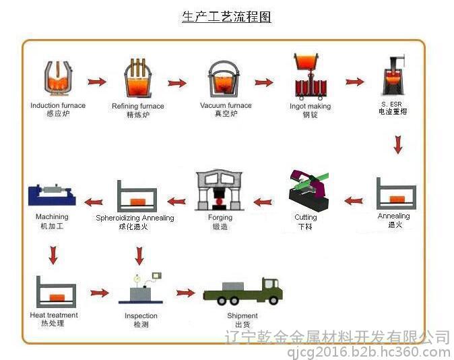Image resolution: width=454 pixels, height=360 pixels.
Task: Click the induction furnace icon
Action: pyautogui.click(x=58, y=80)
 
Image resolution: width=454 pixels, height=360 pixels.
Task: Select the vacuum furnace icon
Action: pyautogui.click(x=225, y=80)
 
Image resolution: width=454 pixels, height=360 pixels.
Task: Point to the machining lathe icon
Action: pyautogui.click(x=51, y=195)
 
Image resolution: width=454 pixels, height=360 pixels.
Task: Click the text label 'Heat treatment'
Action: pyautogui.click(x=54, y=315)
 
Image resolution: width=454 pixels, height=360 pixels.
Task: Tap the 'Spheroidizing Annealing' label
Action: pyautogui.click(x=135, y=218)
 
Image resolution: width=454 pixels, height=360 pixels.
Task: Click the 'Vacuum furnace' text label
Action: pyautogui.click(x=226, y=105)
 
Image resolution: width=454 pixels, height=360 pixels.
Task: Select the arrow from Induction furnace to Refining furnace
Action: pyautogui.click(x=98, y=82)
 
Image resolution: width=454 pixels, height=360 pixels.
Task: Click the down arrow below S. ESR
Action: pyautogui.click(x=397, y=144)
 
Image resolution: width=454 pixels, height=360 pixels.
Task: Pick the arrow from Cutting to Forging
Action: pyautogui.click(x=262, y=201)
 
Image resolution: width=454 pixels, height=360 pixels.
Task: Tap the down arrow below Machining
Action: pyautogui.click(x=52, y=254)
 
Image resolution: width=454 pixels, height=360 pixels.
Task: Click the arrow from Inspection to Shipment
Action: pyautogui.click(x=185, y=293)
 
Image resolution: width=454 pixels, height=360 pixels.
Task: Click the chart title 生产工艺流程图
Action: pyautogui.click(x=226, y=17)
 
